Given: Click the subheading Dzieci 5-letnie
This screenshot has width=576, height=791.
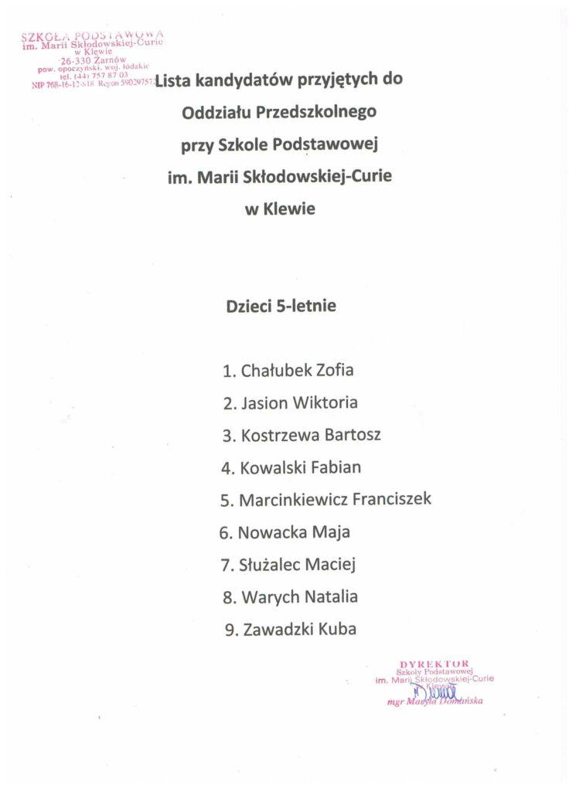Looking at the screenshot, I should tap(281, 306).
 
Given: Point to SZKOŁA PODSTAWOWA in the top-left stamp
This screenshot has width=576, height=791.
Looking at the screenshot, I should tap(93, 35).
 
